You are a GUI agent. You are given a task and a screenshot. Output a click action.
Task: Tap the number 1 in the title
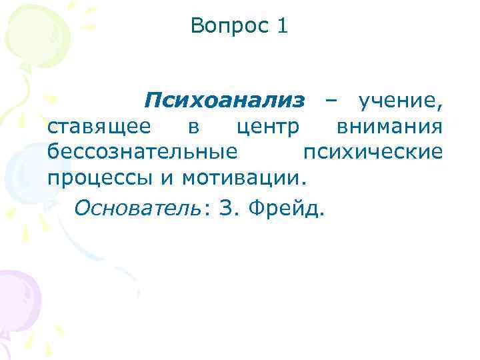tap(282, 27)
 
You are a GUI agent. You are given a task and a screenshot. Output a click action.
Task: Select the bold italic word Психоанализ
tap(225, 101)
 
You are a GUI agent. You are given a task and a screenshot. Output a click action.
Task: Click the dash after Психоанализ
tap(331, 102)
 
